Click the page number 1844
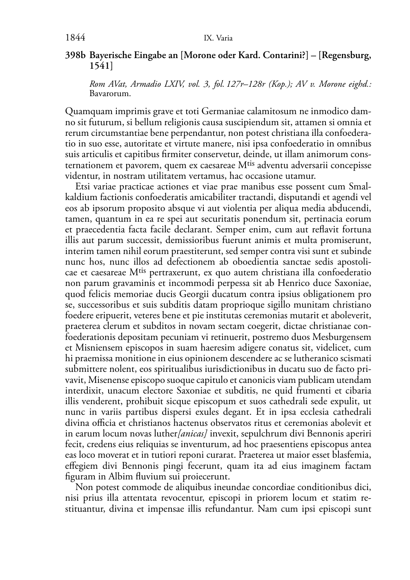click(75, 38)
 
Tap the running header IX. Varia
click(218, 38)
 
